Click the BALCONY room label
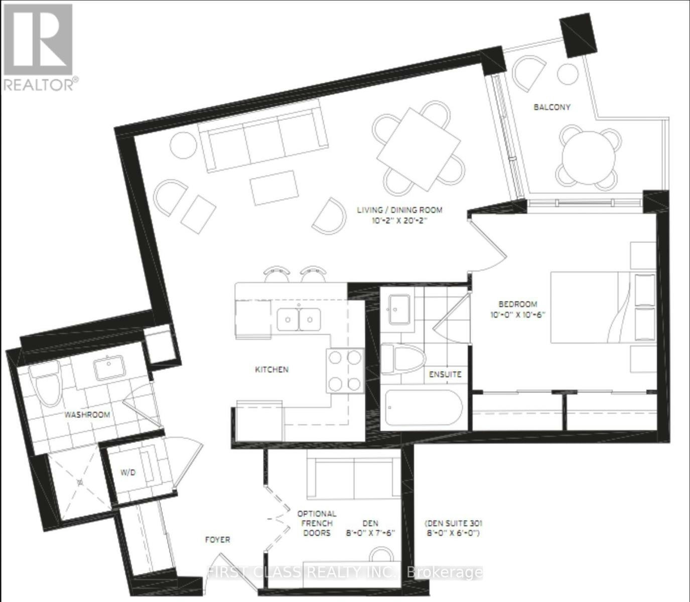pos(551,107)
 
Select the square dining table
pos(419,149)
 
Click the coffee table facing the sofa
pos(274,188)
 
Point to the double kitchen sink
pos(299,319)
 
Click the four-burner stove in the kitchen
pos(345,371)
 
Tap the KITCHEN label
pos(272,369)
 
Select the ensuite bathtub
pos(423,409)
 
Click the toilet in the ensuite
pos(402,359)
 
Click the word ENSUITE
pos(445,374)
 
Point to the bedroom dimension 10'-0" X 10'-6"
pos(518,315)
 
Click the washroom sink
pos(109,369)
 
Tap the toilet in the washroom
pos(46,383)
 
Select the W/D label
pos(128,473)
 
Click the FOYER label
pos(217,540)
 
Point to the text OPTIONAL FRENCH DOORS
pos(317,523)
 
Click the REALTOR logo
pos(40,47)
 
